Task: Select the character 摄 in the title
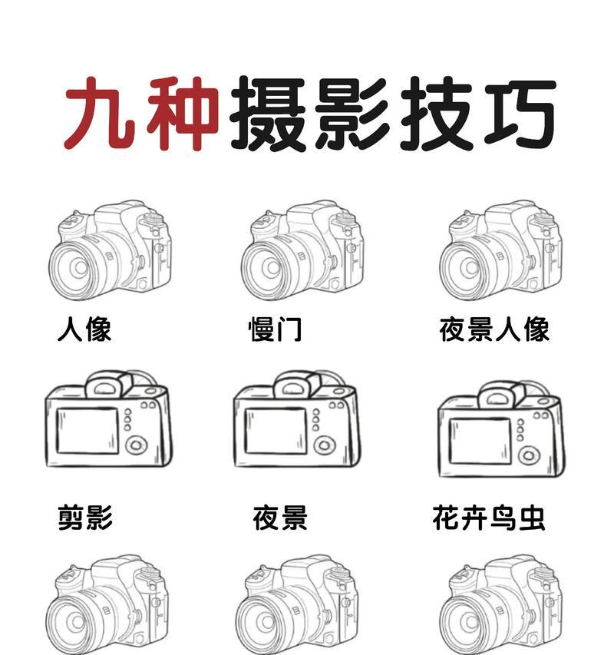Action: click(x=266, y=115)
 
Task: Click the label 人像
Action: click(x=84, y=329)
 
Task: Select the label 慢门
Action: click(x=276, y=329)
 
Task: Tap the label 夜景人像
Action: click(x=494, y=329)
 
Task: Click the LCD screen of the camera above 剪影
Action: click(x=87, y=431)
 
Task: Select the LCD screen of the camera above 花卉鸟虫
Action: click(x=480, y=441)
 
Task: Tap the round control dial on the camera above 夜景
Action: click(x=325, y=445)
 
